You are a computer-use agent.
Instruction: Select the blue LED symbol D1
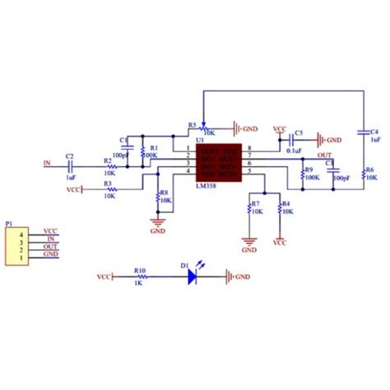click(x=191, y=277)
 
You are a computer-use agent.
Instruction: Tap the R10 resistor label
click(x=140, y=269)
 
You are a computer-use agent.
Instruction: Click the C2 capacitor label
click(x=70, y=156)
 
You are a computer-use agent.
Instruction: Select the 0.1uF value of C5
click(x=292, y=151)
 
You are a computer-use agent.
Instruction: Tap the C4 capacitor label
click(x=374, y=132)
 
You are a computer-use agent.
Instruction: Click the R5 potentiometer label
click(x=192, y=125)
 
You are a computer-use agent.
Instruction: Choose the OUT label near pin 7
click(x=323, y=155)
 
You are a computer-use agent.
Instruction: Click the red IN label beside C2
click(x=47, y=164)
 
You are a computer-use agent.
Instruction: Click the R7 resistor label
click(x=255, y=202)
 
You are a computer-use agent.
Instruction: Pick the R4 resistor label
click(x=286, y=202)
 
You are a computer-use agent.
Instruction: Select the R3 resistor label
click(x=108, y=183)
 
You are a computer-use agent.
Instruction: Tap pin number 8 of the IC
click(x=248, y=149)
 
